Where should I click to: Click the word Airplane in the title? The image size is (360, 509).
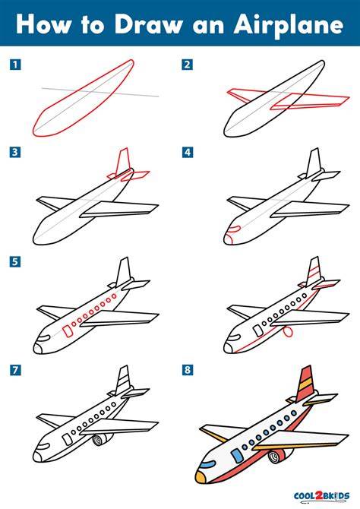click(x=289, y=25)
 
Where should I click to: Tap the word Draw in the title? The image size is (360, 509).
click(x=149, y=24)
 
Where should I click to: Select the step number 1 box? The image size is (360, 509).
click(x=15, y=65)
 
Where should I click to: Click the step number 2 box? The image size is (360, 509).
click(x=187, y=65)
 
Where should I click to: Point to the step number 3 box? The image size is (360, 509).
click(x=15, y=152)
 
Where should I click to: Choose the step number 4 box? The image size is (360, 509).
click(x=188, y=152)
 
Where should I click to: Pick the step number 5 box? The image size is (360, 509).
click(x=15, y=261)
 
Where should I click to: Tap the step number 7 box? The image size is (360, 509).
click(x=15, y=370)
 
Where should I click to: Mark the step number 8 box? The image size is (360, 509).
click(x=188, y=370)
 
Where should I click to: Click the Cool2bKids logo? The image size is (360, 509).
click(x=321, y=496)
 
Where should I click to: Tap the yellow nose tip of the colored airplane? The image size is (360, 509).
click(x=201, y=477)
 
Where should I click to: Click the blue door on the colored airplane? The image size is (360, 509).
click(x=237, y=455)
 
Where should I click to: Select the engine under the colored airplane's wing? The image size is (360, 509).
click(x=276, y=455)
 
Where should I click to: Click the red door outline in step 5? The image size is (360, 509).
click(x=68, y=331)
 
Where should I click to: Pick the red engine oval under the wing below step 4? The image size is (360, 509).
click(x=288, y=332)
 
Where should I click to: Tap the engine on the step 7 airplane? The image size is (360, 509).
click(x=100, y=439)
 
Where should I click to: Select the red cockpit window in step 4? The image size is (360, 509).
click(x=235, y=229)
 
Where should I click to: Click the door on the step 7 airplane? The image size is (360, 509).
click(x=68, y=439)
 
